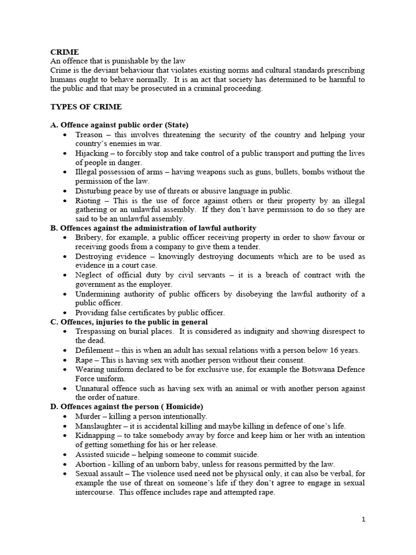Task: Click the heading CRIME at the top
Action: (x=64, y=52)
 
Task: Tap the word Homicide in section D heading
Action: (x=181, y=406)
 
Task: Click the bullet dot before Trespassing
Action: (x=66, y=331)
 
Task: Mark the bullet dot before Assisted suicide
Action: (x=66, y=455)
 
